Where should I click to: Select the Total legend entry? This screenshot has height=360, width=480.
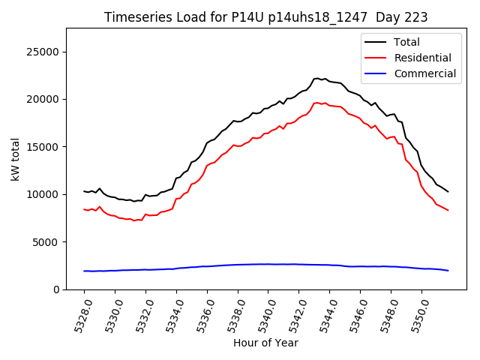pos(406,42)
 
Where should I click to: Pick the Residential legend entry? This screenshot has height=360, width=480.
pos(422,58)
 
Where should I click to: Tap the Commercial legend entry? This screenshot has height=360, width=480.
pos(424,73)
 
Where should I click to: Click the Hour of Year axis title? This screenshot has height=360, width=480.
pos(265,343)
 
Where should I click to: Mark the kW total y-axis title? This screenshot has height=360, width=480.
pos(15,159)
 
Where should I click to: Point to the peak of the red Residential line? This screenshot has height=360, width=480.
pos(318,103)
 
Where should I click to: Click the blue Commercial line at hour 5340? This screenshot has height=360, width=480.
pos(268,264)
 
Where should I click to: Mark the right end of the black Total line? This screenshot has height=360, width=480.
pos(448,191)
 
